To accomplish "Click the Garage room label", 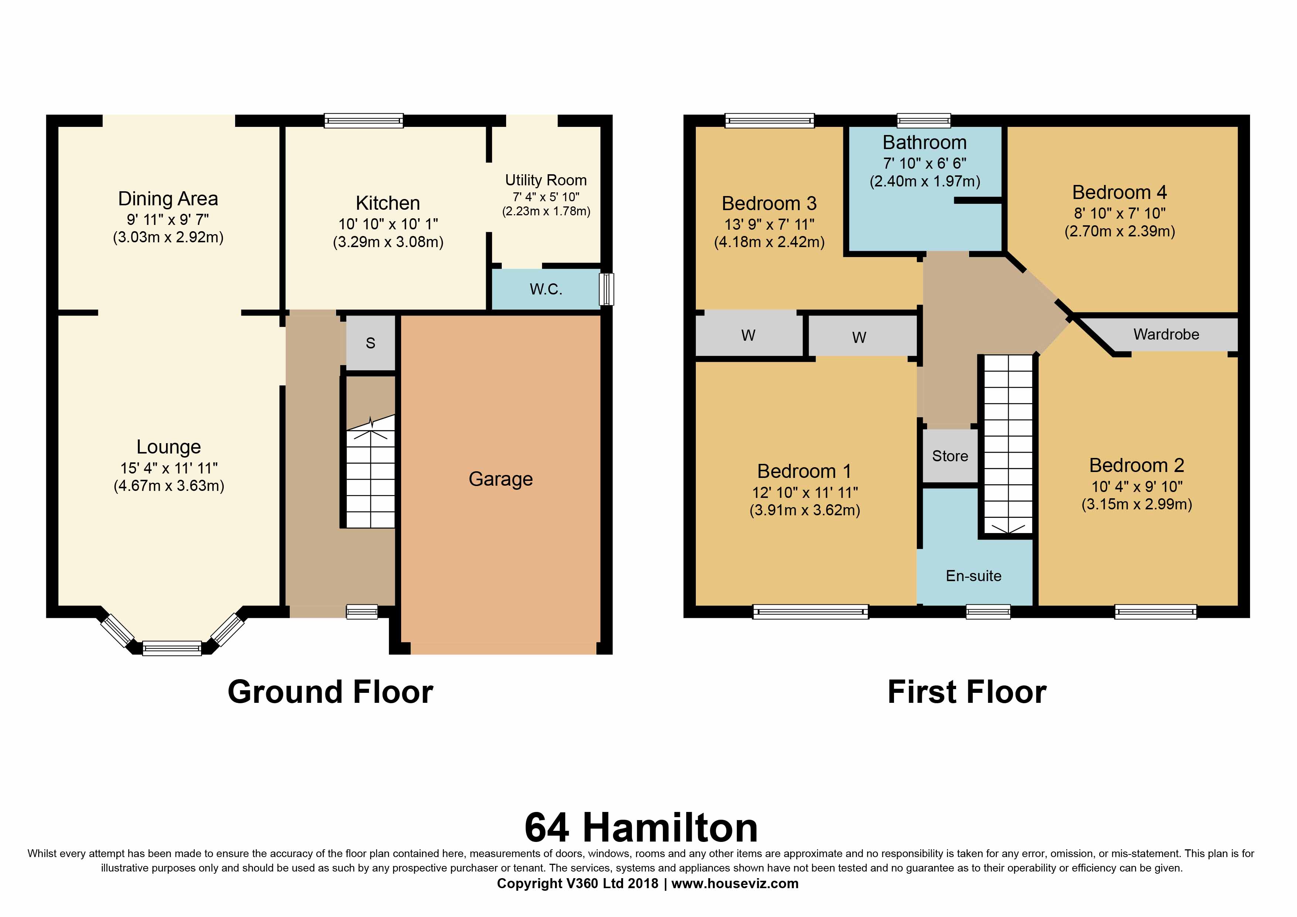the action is (x=501, y=479).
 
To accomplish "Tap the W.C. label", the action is (x=546, y=289).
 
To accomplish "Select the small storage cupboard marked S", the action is (x=370, y=343).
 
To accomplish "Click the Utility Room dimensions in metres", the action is (x=546, y=211).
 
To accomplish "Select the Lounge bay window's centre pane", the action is (x=172, y=648).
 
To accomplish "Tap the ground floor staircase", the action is (x=370, y=471).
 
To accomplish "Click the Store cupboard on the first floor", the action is (x=950, y=456).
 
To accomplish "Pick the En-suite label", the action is (x=973, y=576).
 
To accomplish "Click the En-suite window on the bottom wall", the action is (x=988, y=611).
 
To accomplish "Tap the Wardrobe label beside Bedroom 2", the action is (x=1166, y=334).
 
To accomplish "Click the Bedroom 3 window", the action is (x=769, y=120).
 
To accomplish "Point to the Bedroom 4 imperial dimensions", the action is (x=1120, y=213).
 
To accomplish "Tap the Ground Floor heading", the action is (x=331, y=692).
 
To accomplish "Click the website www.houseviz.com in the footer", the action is (x=735, y=884).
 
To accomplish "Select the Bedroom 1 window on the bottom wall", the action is (x=810, y=611).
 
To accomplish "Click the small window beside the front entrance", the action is (x=362, y=611).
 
